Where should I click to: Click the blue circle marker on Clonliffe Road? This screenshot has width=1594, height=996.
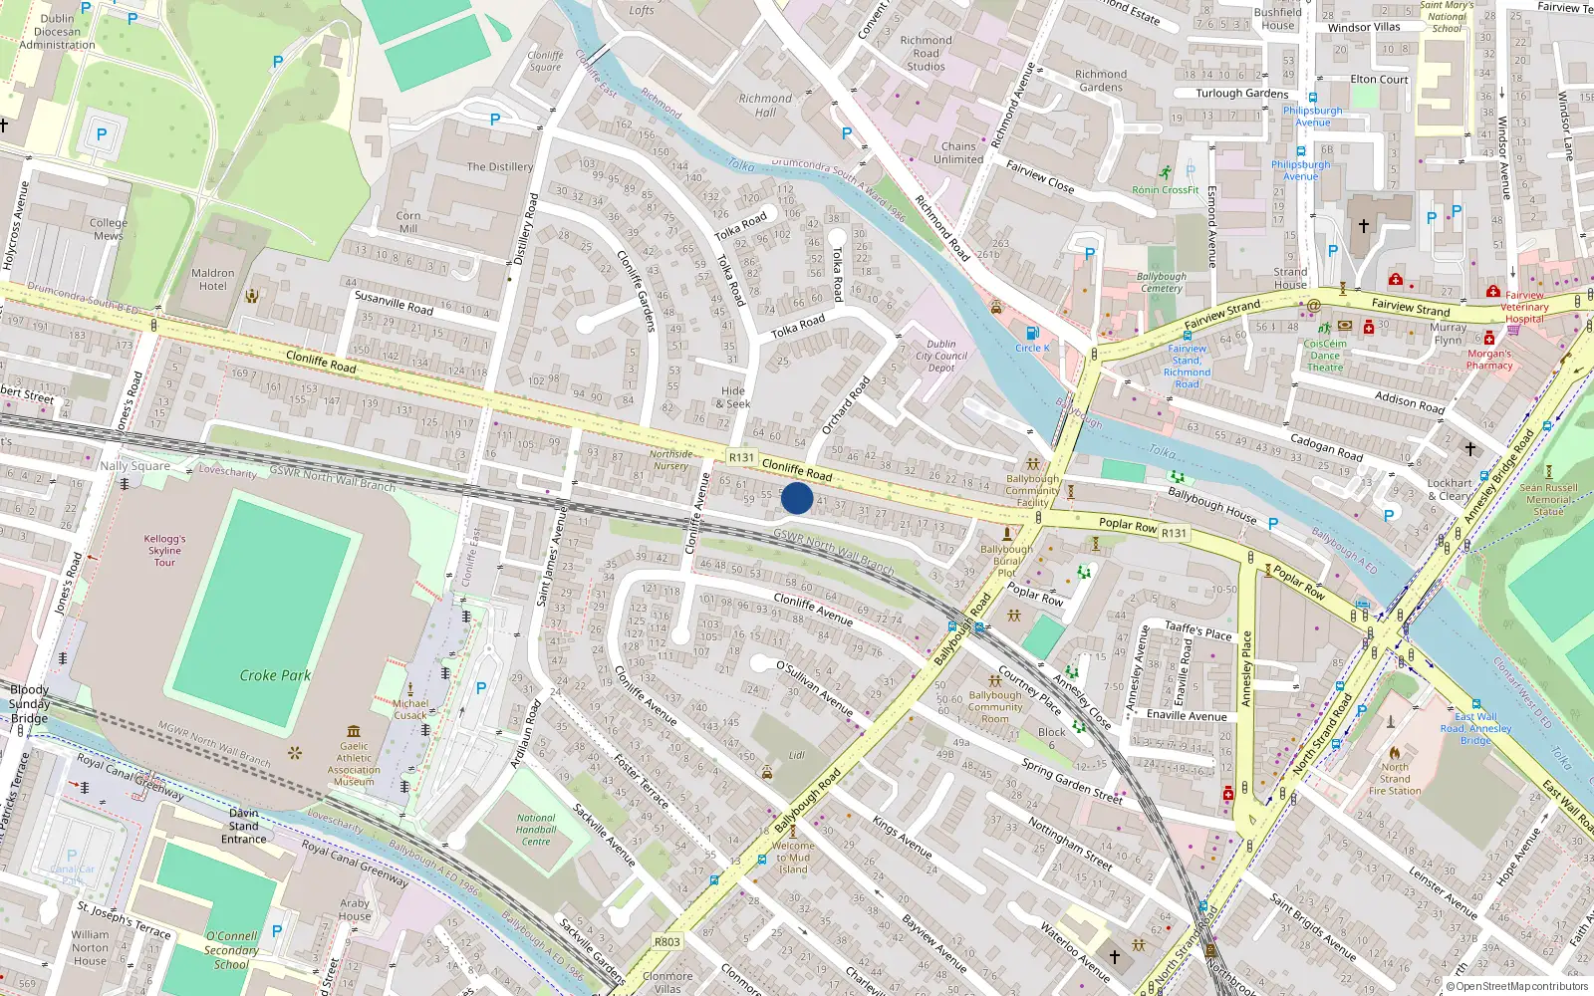coord(796,498)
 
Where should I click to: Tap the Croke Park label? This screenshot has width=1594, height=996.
coord(275,675)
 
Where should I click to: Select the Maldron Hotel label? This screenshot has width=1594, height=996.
coord(212,279)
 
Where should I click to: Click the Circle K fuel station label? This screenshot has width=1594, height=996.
coord(1032,348)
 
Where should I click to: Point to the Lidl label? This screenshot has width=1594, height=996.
coord(797,755)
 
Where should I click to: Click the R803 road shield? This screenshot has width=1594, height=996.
coord(667,941)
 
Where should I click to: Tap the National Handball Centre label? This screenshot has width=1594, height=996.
coord(536,830)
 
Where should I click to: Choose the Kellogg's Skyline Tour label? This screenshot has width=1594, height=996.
coord(164,550)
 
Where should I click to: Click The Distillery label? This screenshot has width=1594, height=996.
coord(499,166)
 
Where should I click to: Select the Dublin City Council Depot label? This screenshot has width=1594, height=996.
coord(941,356)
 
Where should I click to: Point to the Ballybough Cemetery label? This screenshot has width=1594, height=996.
coord(1161,282)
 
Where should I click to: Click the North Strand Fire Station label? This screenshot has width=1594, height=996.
coord(1395,779)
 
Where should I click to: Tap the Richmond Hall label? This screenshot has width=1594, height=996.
coord(765,105)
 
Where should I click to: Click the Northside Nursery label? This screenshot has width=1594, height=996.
coord(670,460)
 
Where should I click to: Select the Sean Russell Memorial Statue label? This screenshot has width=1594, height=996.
coord(1548,499)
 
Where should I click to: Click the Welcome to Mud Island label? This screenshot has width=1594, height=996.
coord(793,858)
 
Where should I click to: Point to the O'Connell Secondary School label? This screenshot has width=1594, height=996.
coord(231,950)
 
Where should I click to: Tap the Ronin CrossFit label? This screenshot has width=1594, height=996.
coord(1166,189)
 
